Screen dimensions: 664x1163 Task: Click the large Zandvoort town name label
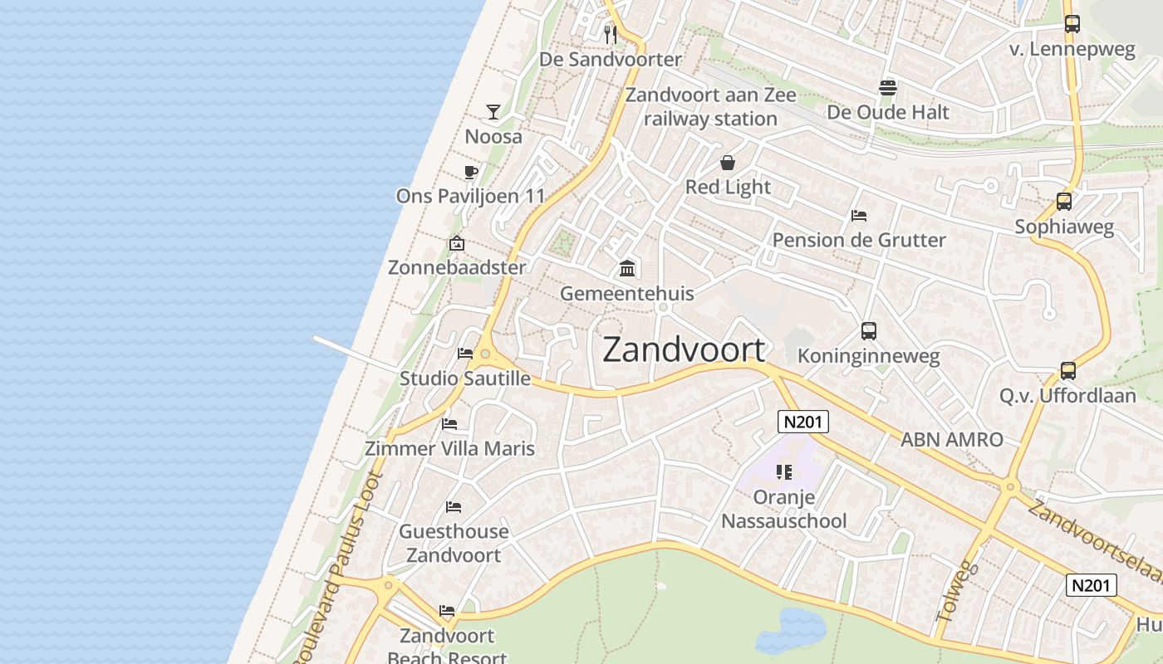[x=683, y=349]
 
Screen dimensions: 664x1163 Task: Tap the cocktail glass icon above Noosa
[x=493, y=111]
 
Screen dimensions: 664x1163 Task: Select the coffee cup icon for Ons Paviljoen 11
[x=470, y=173]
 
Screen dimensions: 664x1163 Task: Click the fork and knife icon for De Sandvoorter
[x=611, y=34]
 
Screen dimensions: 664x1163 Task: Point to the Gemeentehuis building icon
[x=627, y=268]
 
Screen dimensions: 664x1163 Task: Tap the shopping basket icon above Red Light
[x=728, y=163]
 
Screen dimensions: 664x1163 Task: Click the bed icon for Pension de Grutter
[x=859, y=216]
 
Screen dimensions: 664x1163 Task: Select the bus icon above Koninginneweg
[x=868, y=331]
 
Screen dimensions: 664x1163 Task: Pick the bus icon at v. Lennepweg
[x=1072, y=24]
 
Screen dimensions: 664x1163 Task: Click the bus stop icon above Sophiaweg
[x=1063, y=201]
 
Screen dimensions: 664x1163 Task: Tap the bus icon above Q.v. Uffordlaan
[x=1068, y=370]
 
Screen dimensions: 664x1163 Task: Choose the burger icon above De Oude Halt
[x=887, y=88]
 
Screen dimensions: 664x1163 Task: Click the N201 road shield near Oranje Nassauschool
[x=803, y=422]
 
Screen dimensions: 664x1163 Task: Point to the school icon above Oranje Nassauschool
[x=783, y=472]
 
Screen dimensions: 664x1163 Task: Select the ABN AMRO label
[x=952, y=439]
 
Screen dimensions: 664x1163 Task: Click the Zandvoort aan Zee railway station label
[x=710, y=106]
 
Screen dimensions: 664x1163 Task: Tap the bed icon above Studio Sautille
[x=465, y=354]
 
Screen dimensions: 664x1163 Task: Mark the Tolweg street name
[x=957, y=593]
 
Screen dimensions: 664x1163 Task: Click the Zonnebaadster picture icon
[x=456, y=243]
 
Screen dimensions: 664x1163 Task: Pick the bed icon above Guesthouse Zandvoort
[x=453, y=506]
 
